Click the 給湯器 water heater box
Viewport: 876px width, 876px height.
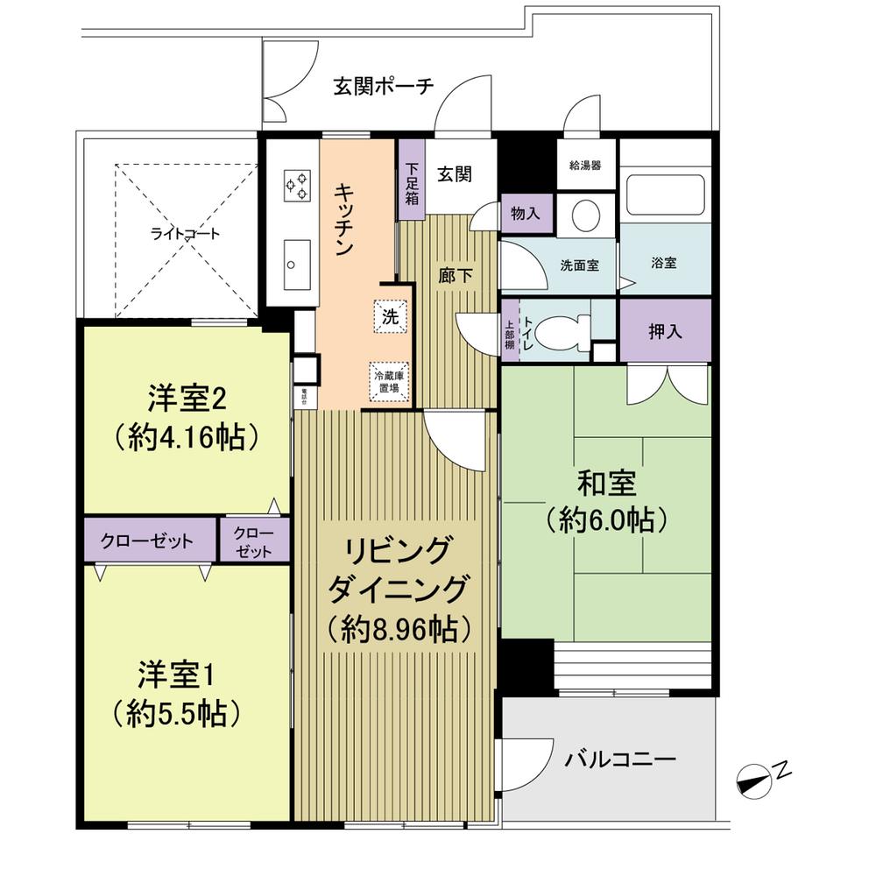[x=584, y=166]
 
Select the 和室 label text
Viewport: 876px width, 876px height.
[x=606, y=483]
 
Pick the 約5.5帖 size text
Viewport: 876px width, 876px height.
[x=177, y=715]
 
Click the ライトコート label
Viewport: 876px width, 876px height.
[x=185, y=234]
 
